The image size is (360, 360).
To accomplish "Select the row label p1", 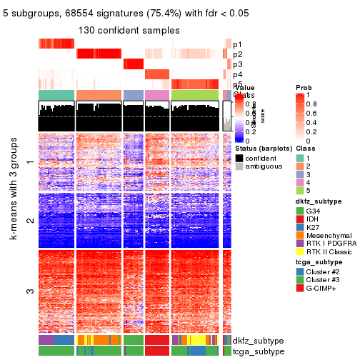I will [237, 44].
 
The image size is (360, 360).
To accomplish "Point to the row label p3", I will [237, 64].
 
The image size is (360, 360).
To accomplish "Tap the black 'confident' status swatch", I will [239, 158].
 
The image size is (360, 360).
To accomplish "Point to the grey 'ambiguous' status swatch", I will [239, 168].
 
